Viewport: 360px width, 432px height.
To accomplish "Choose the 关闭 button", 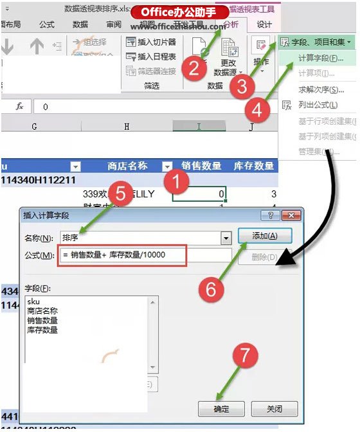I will point(274,409).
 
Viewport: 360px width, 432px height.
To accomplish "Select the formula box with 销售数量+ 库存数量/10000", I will point(123,255).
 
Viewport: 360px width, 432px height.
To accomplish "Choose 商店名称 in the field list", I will point(42,310).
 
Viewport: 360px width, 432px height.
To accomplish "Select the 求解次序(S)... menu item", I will point(322,89).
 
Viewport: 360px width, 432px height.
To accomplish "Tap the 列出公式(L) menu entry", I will point(318,105).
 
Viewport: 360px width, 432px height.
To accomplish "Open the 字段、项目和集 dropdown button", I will point(317,42).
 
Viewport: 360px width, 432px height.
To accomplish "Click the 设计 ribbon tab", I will point(264,24).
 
